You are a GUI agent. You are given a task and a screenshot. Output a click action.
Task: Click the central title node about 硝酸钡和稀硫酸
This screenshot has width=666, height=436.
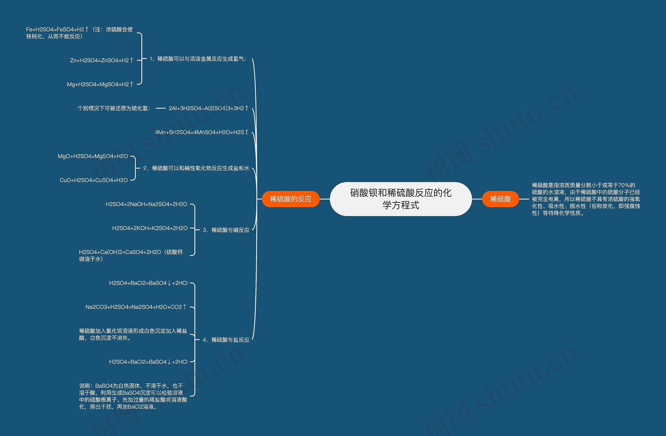point(401,199)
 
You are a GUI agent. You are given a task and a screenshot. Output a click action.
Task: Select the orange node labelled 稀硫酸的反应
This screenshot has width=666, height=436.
point(291,199)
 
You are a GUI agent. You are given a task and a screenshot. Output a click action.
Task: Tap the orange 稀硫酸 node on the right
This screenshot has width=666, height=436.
point(500,199)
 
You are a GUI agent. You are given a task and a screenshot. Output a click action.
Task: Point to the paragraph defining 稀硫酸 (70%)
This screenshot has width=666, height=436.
point(586,199)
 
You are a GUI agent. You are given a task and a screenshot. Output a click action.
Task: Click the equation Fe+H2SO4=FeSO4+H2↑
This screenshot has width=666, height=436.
point(79,33)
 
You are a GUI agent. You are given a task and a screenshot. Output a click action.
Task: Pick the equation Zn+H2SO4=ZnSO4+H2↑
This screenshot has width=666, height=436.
point(101,60)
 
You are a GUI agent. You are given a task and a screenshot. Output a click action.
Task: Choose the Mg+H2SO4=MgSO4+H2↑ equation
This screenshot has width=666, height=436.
point(100,84)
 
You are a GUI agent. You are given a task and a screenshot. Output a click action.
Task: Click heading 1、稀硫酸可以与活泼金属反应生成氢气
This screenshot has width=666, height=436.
point(198,59)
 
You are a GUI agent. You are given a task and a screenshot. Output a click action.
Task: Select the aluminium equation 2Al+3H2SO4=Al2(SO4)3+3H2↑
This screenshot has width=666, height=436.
point(208,108)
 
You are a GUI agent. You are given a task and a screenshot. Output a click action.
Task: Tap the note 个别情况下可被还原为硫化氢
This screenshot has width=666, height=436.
point(114,108)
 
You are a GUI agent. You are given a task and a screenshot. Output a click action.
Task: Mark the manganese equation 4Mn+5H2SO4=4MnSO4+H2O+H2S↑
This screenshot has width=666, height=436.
point(201,132)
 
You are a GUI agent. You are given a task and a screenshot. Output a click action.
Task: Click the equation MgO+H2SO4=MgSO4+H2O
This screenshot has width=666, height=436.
point(93,156)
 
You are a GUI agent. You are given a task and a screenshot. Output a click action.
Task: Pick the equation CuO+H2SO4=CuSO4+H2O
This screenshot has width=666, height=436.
point(93,180)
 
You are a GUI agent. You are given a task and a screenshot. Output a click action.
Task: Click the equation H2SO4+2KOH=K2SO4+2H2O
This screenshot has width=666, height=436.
point(150,228)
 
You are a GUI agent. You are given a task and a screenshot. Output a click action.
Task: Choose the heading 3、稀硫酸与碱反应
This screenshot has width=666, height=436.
point(226,230)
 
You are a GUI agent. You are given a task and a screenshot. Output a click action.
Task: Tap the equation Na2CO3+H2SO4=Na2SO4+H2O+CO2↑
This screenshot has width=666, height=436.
point(136,307)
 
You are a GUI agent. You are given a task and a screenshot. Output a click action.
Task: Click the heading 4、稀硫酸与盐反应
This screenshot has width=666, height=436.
point(226,340)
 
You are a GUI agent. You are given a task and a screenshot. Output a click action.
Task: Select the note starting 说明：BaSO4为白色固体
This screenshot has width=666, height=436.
point(133,396)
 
